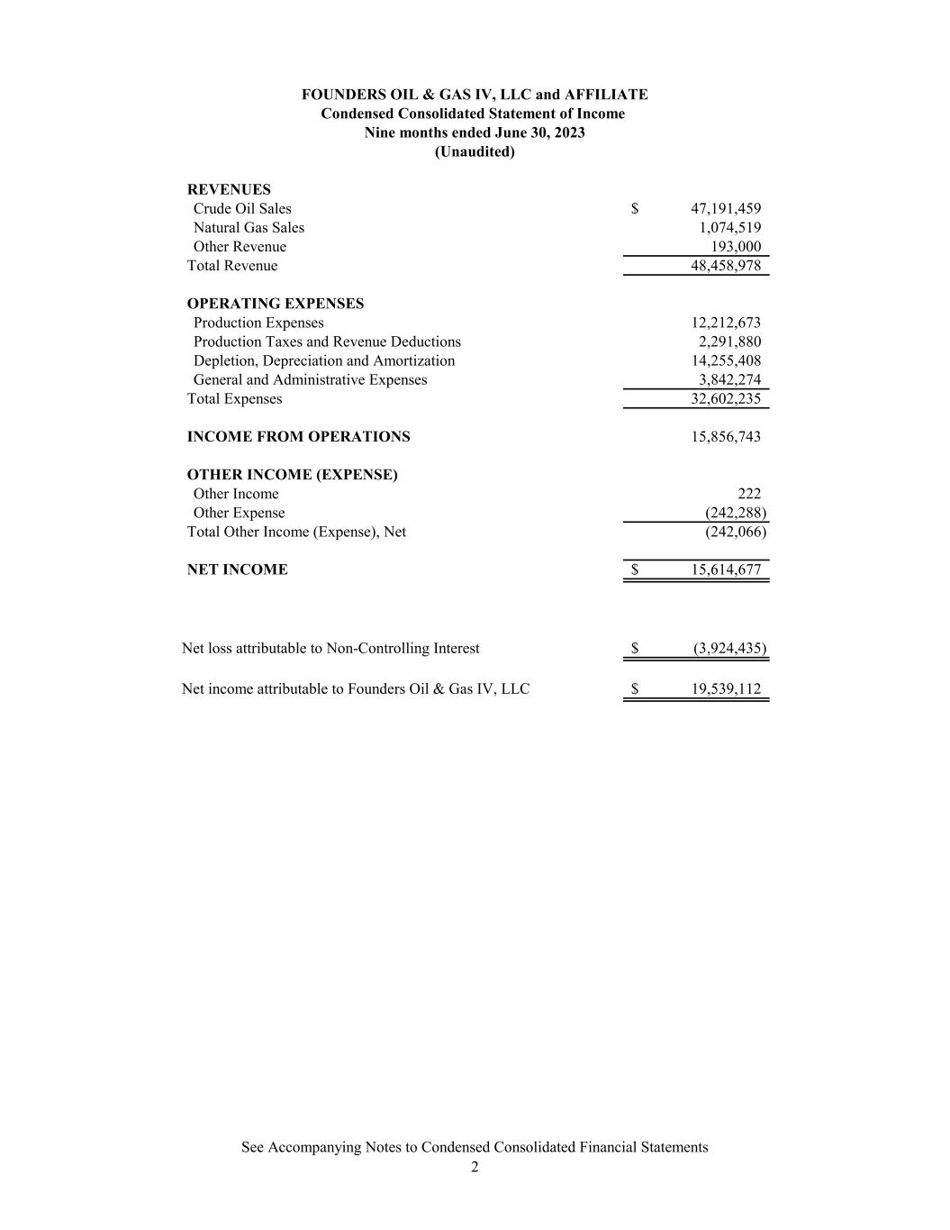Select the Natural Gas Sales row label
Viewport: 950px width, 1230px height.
point(249,228)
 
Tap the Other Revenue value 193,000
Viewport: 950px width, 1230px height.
point(736,247)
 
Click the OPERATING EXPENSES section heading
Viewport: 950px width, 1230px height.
point(276,304)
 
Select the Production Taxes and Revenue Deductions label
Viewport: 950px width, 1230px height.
point(327,342)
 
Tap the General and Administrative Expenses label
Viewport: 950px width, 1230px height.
point(310,379)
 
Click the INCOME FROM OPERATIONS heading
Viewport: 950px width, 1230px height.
point(298,437)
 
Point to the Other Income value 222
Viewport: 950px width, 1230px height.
point(749,494)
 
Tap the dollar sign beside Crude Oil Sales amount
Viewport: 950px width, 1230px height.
point(635,209)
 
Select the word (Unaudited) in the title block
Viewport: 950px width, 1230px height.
point(475,151)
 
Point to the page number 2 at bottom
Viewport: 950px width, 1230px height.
point(475,1168)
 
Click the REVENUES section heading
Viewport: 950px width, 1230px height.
point(229,190)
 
